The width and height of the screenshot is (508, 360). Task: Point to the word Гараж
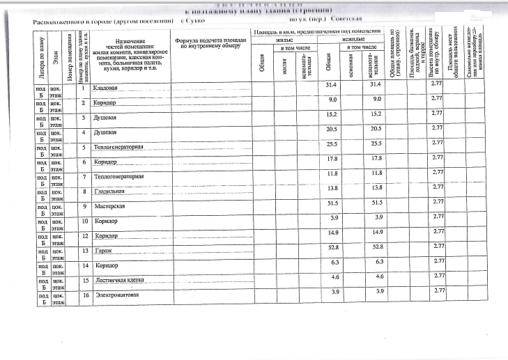pyautogui.click(x=102, y=250)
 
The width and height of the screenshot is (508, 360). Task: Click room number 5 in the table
pyautogui.click(x=84, y=147)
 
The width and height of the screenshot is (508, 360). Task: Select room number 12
pyautogui.click(x=84, y=236)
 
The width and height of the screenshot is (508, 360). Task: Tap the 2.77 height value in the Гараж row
pyautogui.click(x=437, y=246)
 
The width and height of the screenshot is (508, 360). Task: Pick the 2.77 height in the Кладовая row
pyautogui.click(x=437, y=84)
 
